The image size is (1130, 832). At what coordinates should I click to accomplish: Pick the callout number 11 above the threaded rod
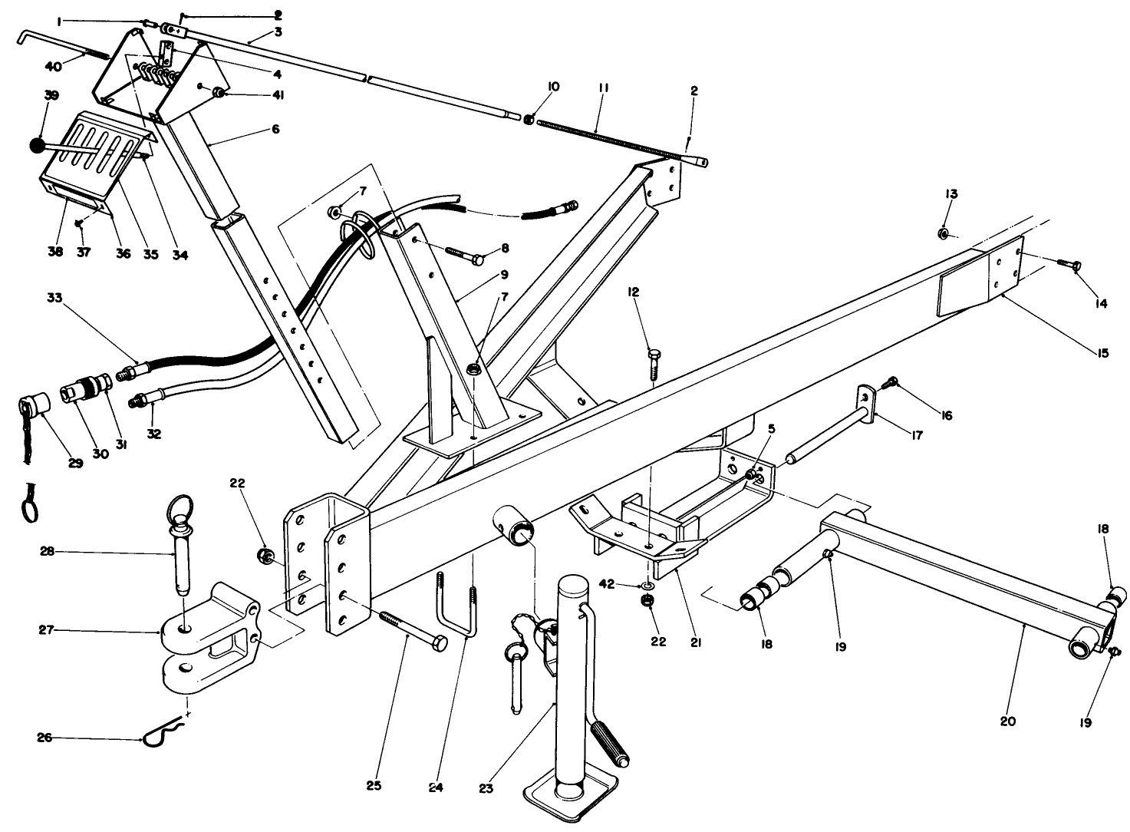click(x=603, y=89)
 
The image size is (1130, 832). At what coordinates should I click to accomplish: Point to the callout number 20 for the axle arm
click(x=1007, y=721)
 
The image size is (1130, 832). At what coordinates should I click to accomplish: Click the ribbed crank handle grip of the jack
click(x=609, y=741)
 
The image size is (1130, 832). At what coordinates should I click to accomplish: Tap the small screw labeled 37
click(x=79, y=223)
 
